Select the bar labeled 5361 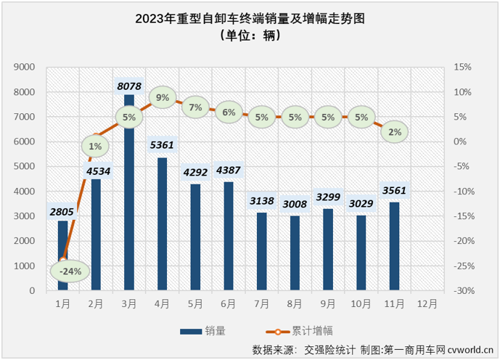click(x=162, y=225)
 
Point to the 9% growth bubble click(x=162, y=97)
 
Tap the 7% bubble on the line click(x=195, y=107)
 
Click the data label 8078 click(x=129, y=85)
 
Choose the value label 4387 click(x=229, y=171)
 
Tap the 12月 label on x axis click(x=427, y=303)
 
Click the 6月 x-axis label click(x=229, y=303)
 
